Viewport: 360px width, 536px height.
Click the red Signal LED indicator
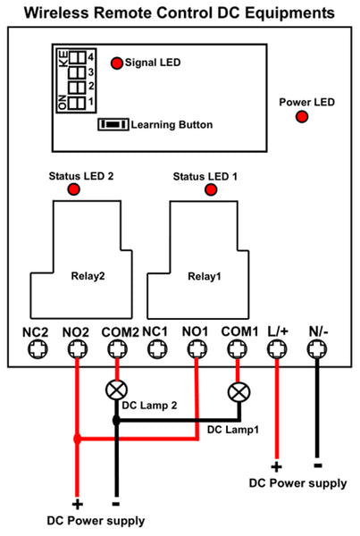117,63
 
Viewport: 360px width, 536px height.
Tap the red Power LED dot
302,117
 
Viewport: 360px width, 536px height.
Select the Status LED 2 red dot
74,189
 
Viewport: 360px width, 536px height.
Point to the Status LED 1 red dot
211,189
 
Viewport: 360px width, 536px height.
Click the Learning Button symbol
113,124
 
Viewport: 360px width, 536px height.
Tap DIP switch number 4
77,57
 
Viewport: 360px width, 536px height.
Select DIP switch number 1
77,103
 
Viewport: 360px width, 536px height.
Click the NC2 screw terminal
38,349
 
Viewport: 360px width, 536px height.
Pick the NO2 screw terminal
78,349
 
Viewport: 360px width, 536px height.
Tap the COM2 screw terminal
118,349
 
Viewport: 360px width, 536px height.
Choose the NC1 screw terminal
157,349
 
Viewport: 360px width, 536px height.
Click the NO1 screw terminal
197,349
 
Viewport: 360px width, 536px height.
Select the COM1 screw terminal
238,349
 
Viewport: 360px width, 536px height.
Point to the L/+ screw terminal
277,349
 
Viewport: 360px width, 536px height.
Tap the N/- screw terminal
317,349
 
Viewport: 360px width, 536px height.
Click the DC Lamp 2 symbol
117,390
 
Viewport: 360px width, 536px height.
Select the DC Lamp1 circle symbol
239,392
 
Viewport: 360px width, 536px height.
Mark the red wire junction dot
77,439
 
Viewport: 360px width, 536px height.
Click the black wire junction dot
117,420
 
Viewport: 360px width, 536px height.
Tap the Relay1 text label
205,276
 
